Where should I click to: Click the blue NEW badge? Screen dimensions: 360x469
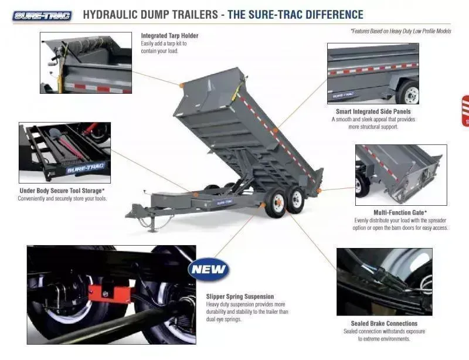[208, 270]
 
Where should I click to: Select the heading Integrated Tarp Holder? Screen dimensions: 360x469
[169, 36]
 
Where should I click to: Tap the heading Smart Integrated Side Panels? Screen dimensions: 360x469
[373, 111]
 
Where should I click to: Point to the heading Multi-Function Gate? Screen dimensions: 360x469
[400, 212]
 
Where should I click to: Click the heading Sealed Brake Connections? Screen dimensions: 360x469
[384, 323]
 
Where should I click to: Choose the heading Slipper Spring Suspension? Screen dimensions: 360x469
[240, 296]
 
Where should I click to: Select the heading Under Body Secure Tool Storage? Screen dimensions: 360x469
[62, 191]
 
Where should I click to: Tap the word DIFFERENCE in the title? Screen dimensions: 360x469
[328, 15]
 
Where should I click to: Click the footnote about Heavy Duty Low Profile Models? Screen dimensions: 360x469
[400, 31]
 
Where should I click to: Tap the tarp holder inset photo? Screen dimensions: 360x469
[86, 63]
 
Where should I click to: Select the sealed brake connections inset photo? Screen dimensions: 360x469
[384, 281]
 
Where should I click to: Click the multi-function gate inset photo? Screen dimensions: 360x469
[400, 174]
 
